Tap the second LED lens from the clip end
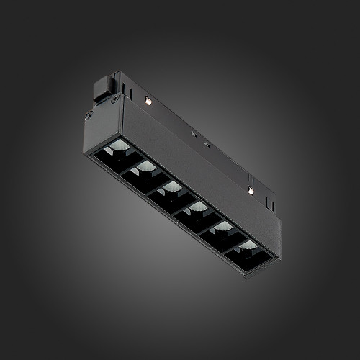pyautogui.click(x=145, y=167)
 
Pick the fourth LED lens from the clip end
pyautogui.click(x=197, y=207)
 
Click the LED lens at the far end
pyautogui.click(x=248, y=246)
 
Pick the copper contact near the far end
pyautogui.click(x=250, y=191)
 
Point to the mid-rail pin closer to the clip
pyautogui.click(x=192, y=132)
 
